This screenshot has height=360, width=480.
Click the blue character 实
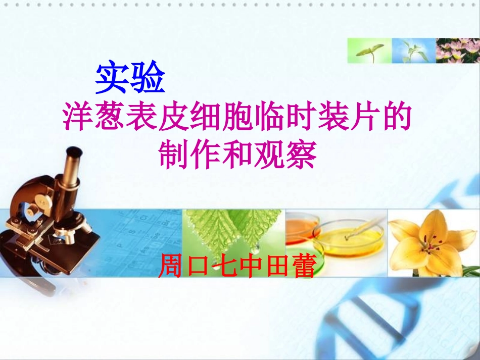tap(112, 78)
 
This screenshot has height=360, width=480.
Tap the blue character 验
tap(148, 78)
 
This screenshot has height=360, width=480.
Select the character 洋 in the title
tap(76, 118)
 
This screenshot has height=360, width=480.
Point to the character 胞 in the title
tap(236, 118)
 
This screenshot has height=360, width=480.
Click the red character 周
tap(172, 266)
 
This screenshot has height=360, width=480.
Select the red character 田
tap(275, 266)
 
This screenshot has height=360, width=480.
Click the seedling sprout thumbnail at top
tap(369, 50)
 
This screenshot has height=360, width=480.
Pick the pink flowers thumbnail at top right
tap(458, 50)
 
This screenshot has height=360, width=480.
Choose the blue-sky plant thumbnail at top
tap(414, 50)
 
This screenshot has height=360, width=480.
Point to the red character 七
tap(223, 266)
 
